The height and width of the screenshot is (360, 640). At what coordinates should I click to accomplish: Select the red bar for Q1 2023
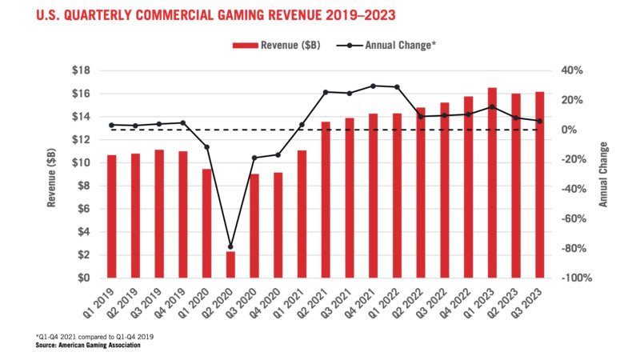click(492, 183)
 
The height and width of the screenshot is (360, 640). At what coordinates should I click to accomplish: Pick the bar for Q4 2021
click(373, 196)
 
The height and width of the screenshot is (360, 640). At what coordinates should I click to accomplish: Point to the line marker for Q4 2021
click(373, 86)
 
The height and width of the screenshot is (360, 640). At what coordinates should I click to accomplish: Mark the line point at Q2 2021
click(326, 92)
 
